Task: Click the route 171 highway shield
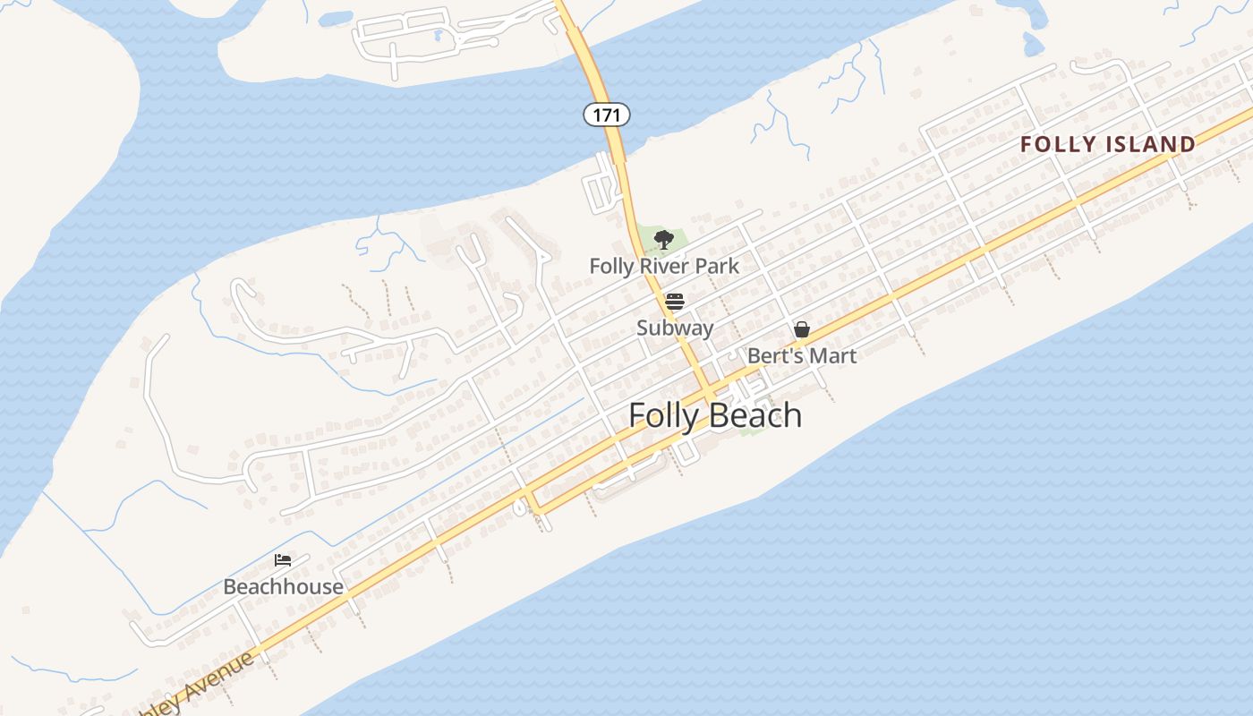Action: (607, 115)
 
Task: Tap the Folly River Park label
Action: (664, 266)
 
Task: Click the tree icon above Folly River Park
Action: (663, 239)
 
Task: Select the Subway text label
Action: (675, 328)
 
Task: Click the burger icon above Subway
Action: (675, 302)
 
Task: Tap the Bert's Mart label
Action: (801, 355)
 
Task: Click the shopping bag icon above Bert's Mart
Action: (802, 329)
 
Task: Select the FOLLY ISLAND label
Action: (1107, 144)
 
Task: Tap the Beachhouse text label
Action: (283, 586)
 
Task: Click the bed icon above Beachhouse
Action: (283, 560)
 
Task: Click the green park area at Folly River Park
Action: (680, 240)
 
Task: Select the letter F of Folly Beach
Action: (637, 415)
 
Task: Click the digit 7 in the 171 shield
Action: (607, 115)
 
